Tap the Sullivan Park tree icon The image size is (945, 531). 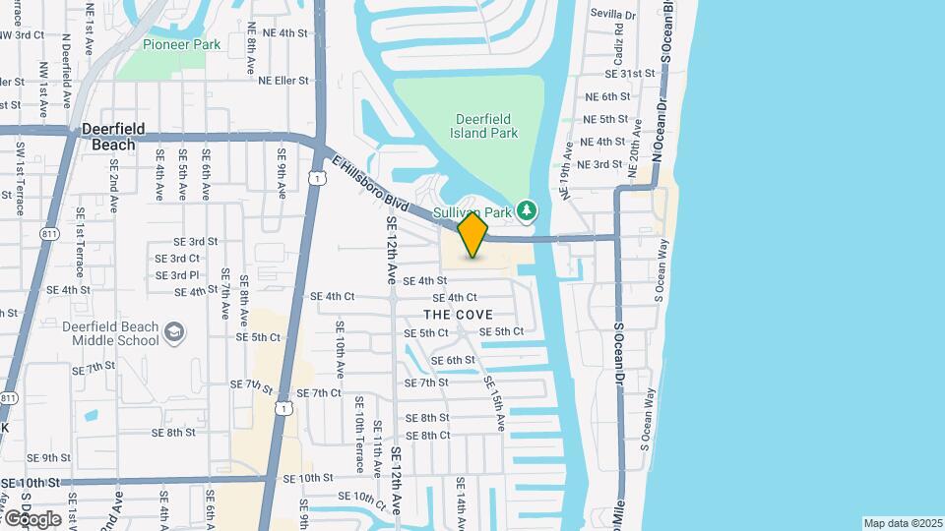click(528, 210)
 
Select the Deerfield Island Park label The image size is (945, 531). click(470, 125)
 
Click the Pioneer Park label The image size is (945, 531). click(182, 44)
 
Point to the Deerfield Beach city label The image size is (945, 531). click(113, 136)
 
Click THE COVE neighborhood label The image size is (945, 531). click(458, 315)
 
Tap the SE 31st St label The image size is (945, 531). click(631, 74)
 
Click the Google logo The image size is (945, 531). click(31, 518)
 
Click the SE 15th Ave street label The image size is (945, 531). click(493, 401)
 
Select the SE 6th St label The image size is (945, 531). click(453, 360)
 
